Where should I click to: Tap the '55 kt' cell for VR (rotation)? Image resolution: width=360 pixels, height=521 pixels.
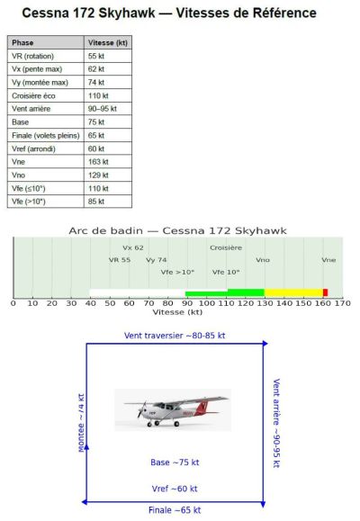[97, 56]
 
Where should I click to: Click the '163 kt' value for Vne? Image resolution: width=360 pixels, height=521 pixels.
[98, 162]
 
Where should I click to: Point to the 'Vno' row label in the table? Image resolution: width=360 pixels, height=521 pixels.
[20, 175]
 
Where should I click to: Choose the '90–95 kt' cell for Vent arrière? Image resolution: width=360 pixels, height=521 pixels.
[102, 109]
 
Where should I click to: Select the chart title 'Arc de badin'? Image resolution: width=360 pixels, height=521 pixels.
[177, 230]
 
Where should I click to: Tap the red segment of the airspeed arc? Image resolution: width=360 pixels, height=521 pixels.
[325, 292]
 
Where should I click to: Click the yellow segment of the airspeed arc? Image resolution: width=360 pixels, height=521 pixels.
[293, 292]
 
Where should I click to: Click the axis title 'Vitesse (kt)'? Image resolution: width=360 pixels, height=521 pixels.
[177, 312]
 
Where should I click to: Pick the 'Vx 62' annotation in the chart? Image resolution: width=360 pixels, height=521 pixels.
[133, 247]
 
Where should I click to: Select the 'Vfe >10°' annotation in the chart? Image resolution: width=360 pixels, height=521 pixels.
[177, 272]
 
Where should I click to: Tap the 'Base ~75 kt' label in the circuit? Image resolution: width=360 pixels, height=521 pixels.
[175, 463]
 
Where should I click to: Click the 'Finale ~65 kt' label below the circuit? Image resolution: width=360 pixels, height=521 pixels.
[175, 510]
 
